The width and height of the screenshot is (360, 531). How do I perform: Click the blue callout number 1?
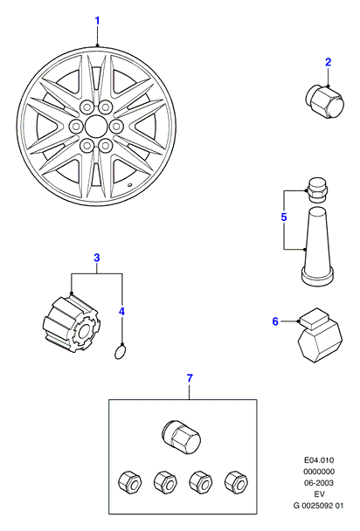coord(97,21)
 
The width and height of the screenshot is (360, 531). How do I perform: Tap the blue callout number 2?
coord(328,62)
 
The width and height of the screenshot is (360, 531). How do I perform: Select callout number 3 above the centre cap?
coord(97,258)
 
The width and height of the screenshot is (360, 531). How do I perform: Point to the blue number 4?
coord(122,311)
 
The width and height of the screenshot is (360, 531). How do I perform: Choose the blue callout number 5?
coord(284,217)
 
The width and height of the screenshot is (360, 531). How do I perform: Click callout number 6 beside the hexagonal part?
coord(275,321)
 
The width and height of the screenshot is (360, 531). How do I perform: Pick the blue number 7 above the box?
coord(190,378)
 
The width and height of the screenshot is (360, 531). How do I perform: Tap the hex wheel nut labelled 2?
coord(324,102)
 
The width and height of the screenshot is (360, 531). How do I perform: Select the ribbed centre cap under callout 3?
coord(72,323)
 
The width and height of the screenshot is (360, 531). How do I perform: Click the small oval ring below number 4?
coord(120,352)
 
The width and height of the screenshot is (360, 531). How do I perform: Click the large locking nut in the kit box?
coord(182,438)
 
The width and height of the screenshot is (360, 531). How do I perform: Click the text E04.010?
coord(318,460)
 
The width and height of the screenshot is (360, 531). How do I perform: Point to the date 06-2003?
coord(318,483)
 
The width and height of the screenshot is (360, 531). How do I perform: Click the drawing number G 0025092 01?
coord(318,506)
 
